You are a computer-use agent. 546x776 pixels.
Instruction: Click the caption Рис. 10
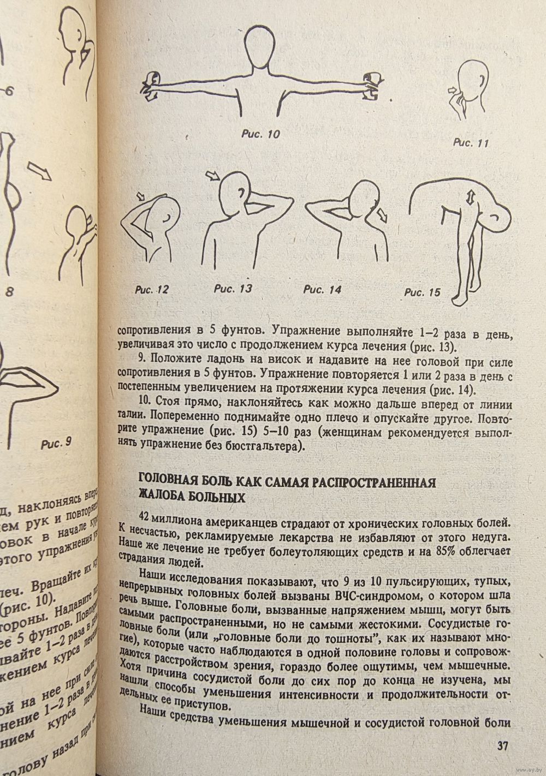pos(260,134)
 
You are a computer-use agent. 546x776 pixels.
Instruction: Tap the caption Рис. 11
pos(471,143)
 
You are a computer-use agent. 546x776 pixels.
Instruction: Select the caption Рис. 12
pos(152,290)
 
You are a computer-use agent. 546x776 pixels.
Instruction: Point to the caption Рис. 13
pos(233,289)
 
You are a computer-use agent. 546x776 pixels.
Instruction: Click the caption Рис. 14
pos(322,290)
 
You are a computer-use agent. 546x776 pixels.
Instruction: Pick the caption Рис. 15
pos(422,292)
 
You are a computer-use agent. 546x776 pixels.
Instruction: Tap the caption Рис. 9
pos(57,443)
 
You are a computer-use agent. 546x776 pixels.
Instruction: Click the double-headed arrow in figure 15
pos(469,199)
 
